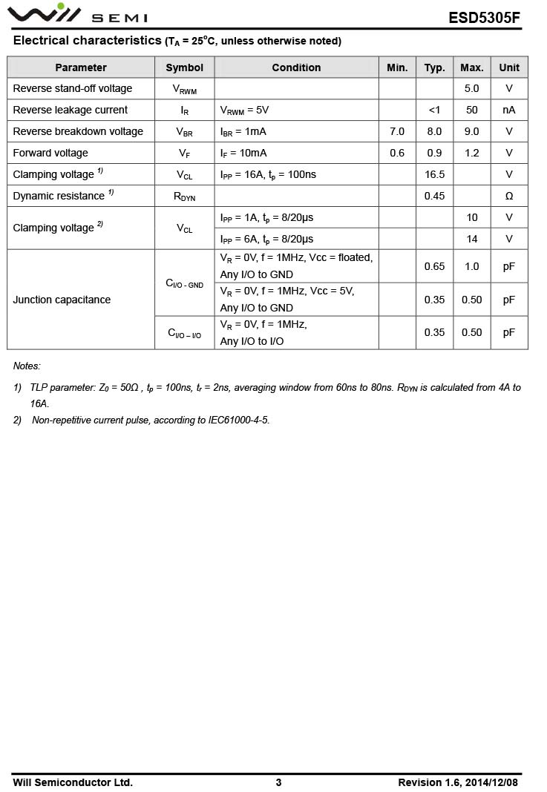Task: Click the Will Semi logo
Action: tap(78, 14)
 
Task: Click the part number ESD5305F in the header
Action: tap(484, 18)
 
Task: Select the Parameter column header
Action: tap(81, 67)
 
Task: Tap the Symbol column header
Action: tap(184, 67)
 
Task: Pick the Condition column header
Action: tap(296, 67)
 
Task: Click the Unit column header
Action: tap(509, 67)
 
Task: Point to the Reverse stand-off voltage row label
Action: tap(73, 88)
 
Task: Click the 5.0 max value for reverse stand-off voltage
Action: tap(471, 88)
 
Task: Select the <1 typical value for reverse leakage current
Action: tap(434, 110)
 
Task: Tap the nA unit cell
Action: tap(509, 110)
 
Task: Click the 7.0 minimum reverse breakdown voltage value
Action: tap(397, 131)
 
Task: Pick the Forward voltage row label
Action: tap(50, 153)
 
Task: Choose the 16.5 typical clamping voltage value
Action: tap(434, 174)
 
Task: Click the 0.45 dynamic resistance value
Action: tap(434, 196)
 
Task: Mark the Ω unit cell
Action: tap(509, 196)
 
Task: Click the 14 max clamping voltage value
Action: tap(472, 239)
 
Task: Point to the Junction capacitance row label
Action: tap(62, 300)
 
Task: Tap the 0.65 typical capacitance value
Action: tap(434, 266)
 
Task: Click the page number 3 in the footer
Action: tap(278, 782)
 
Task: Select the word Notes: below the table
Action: tap(27, 366)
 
